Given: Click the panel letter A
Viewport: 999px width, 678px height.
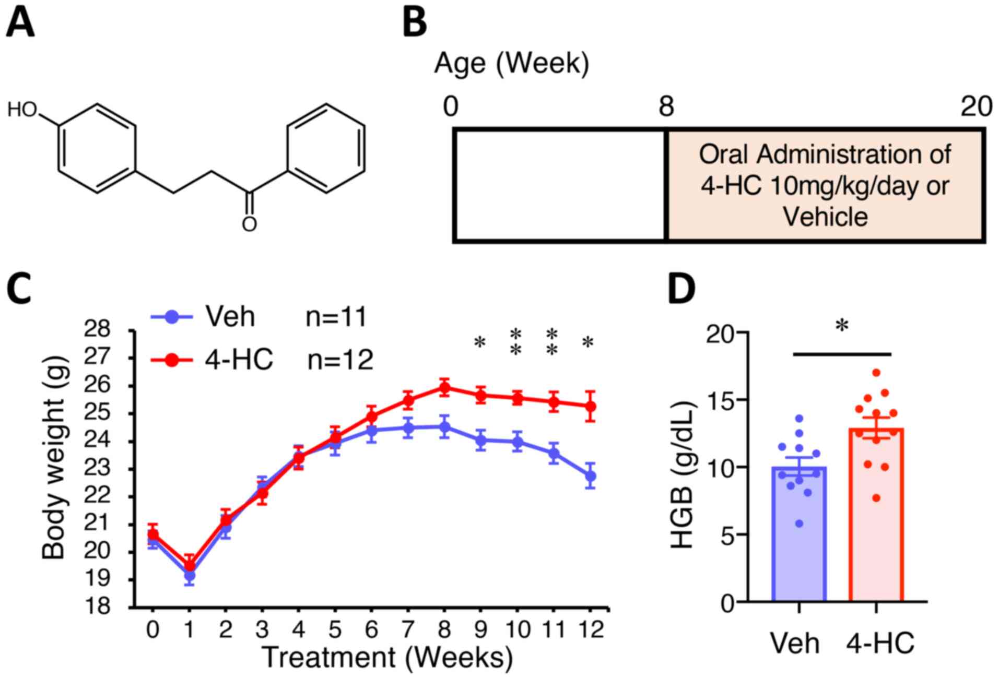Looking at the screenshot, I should (x=20, y=23).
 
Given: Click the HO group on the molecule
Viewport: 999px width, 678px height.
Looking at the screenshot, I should (x=22, y=110).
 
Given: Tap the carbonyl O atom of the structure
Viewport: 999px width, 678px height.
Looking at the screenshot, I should (x=250, y=224).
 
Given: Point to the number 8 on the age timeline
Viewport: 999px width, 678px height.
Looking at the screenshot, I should (x=666, y=107).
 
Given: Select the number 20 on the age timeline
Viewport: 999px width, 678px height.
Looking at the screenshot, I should (x=976, y=107).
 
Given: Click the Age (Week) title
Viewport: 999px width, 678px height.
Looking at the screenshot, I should (x=511, y=64).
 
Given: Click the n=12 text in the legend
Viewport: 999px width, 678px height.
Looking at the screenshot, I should (x=340, y=359).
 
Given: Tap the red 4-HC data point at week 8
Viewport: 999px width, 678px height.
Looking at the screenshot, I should (x=444, y=388).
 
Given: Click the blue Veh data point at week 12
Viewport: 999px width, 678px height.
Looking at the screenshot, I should (x=590, y=476).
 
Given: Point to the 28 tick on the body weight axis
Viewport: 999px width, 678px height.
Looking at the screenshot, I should (x=98, y=329).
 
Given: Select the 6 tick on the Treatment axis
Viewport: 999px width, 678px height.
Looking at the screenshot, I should (x=371, y=629).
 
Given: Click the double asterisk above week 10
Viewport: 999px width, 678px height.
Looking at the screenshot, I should (x=516, y=342).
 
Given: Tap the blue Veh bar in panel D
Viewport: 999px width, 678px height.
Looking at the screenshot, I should (x=799, y=538).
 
